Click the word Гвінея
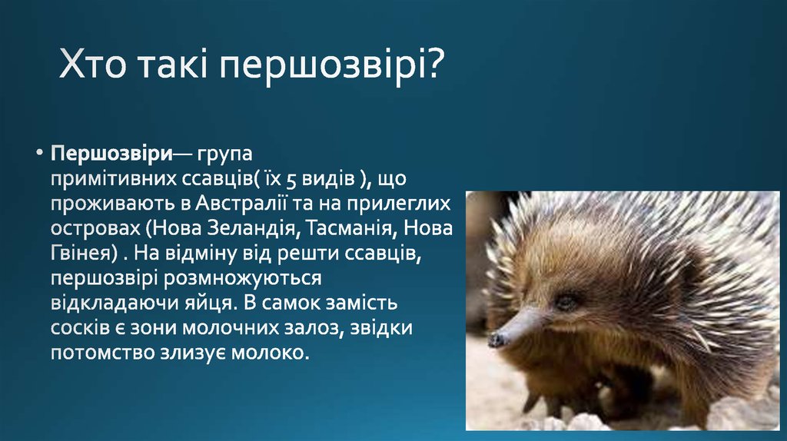point(80,253)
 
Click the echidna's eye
point(566,302)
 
